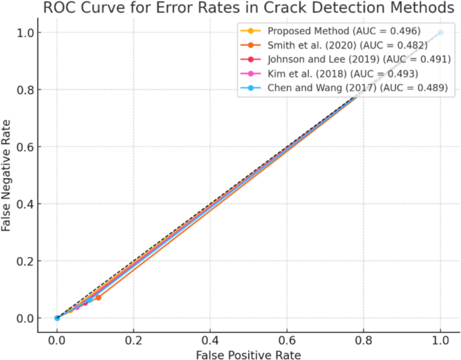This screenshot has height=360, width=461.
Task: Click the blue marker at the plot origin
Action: (57, 318)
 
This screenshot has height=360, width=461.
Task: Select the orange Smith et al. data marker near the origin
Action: (98, 297)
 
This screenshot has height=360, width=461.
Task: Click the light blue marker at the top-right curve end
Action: (441, 32)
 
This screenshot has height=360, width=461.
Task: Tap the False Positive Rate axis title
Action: (248, 353)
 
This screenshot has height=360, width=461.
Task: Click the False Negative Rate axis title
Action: (7, 175)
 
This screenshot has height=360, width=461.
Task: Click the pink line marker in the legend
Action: (252, 73)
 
